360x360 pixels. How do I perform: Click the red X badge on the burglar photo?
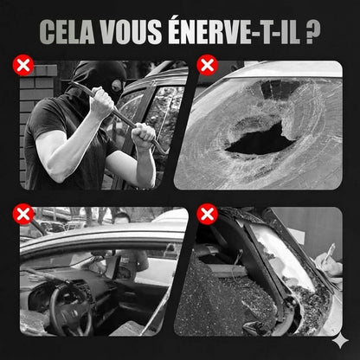22,64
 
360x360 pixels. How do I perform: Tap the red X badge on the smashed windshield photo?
207,64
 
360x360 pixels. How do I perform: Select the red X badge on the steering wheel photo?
23,214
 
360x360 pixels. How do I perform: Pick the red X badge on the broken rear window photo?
207,214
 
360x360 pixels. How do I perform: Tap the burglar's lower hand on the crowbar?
144,136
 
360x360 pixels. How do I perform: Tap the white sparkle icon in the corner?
345,345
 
